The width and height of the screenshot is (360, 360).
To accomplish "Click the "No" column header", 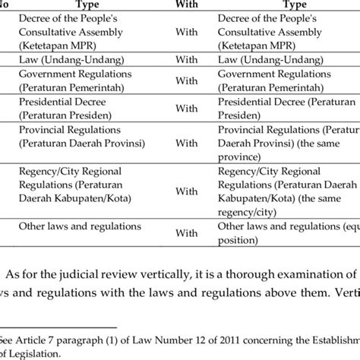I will point(5,5).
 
